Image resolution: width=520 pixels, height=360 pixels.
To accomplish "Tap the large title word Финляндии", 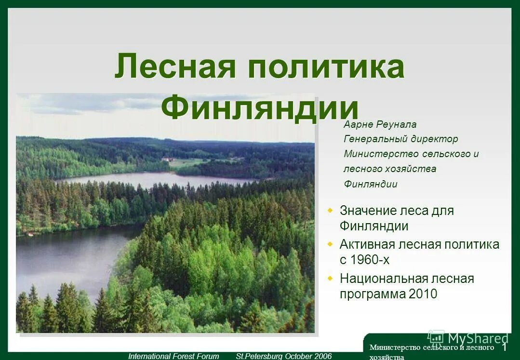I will (260, 107).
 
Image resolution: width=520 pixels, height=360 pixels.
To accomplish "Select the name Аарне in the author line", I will (358, 124).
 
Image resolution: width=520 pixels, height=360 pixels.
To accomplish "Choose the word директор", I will (435, 139).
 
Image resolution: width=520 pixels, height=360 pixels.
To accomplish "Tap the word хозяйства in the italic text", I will (413, 169).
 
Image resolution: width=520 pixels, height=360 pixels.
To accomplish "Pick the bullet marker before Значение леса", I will (330, 211).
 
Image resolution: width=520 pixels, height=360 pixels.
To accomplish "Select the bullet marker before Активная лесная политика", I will (330, 244).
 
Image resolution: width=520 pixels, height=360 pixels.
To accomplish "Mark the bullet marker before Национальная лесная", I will (330, 278).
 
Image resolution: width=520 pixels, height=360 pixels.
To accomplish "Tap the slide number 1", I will (505, 347).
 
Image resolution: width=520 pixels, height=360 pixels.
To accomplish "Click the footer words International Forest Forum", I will (173, 356).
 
